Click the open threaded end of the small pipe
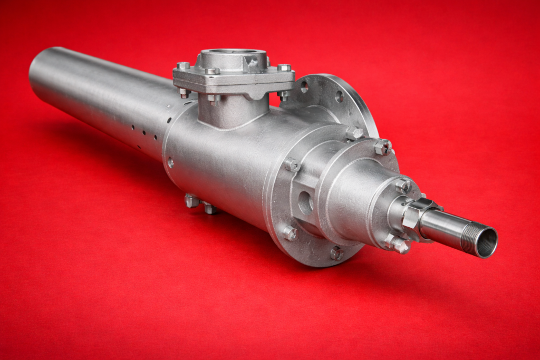click(486, 242)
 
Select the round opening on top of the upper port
click(232, 53)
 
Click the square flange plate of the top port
click(234, 79)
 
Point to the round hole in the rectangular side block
click(305, 202)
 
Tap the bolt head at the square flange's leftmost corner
click(183, 66)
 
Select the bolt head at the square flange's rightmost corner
click(284, 67)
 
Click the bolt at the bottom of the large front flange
click(336, 254)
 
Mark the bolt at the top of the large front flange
click(354, 133)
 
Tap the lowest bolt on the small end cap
click(397, 244)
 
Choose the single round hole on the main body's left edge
click(170, 162)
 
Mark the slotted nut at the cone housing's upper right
click(383, 147)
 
